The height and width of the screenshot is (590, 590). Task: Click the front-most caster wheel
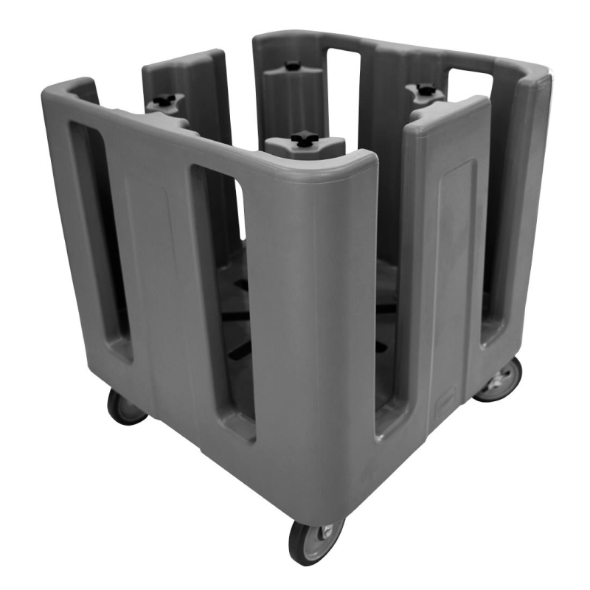click(315, 542)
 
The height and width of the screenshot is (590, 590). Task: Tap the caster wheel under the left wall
click(125, 406)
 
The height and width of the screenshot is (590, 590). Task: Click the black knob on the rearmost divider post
click(293, 66)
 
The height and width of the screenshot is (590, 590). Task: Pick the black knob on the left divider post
click(164, 99)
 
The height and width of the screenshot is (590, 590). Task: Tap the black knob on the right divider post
click(426, 90)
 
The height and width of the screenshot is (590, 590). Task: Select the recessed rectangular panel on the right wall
click(454, 265)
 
